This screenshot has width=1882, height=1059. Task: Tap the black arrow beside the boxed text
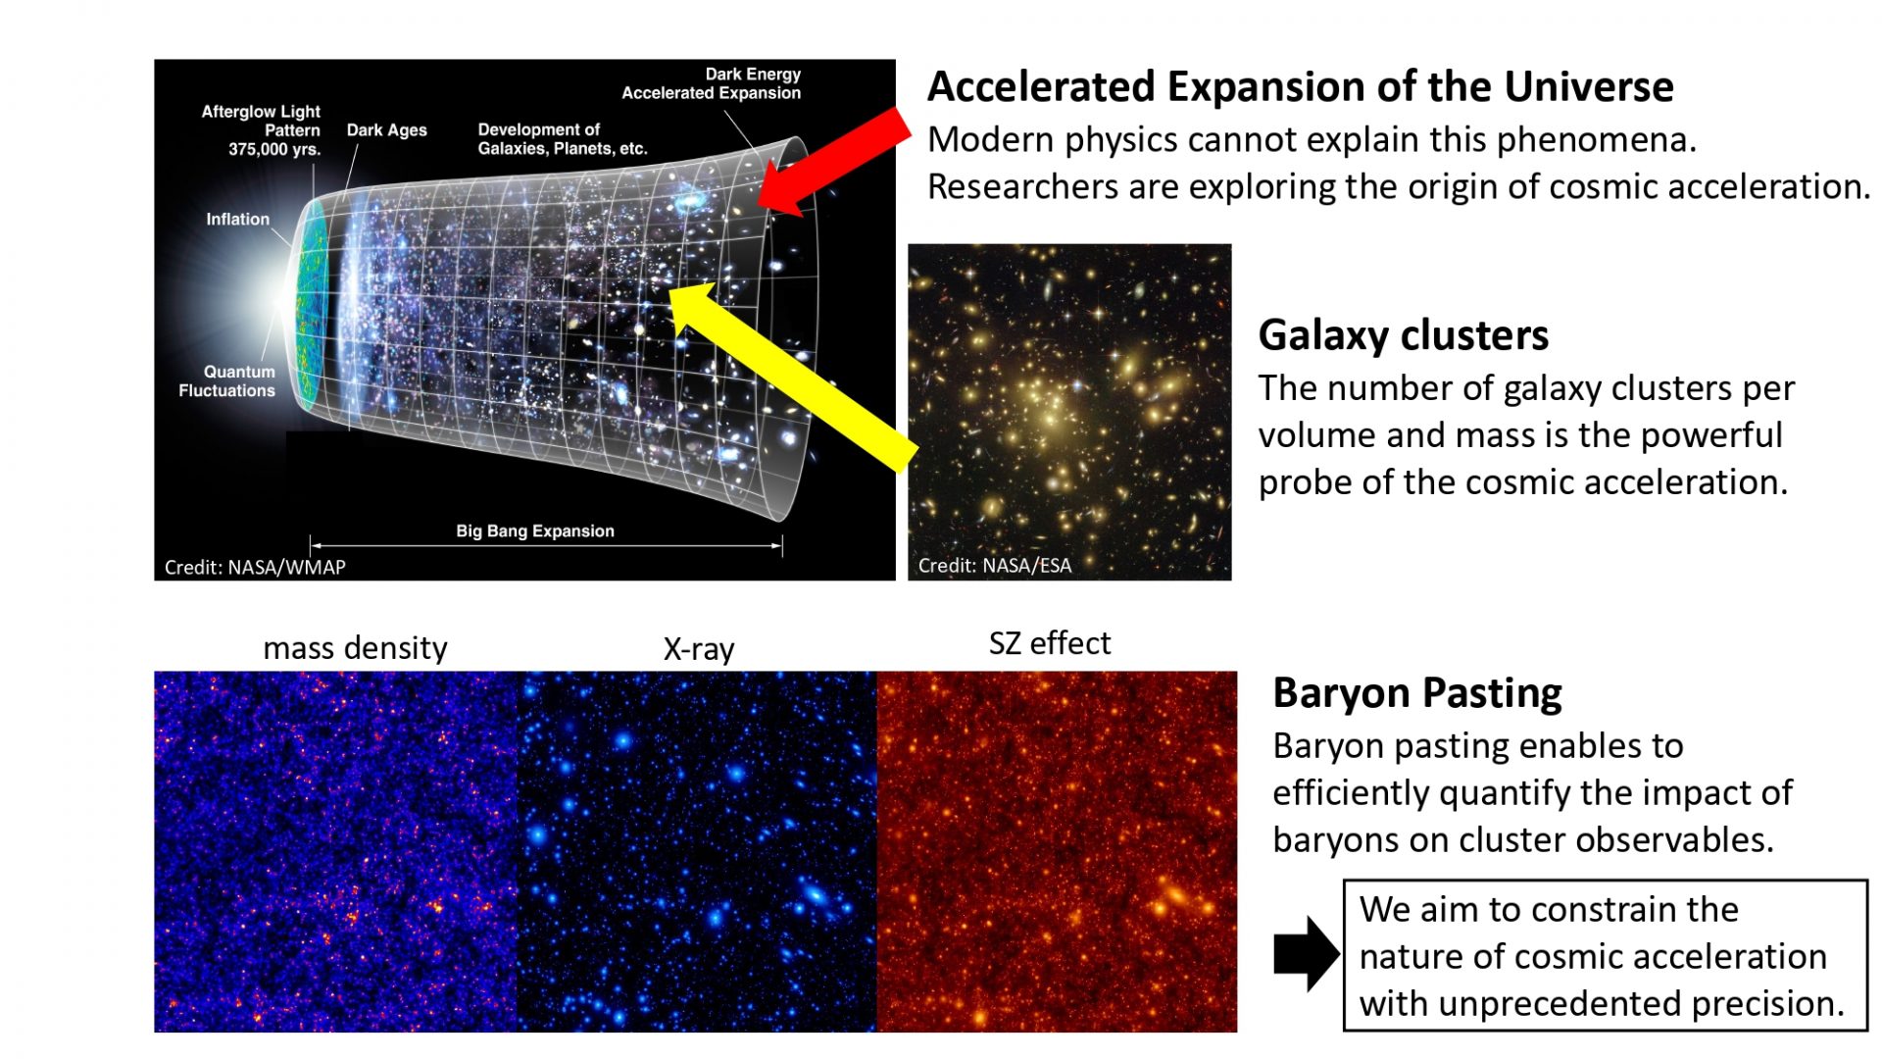(1307, 954)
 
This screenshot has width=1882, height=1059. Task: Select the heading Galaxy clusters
(1403, 335)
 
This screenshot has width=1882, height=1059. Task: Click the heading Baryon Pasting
(1416, 693)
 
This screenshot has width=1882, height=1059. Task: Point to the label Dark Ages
(386, 130)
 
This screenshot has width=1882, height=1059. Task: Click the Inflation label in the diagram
(237, 220)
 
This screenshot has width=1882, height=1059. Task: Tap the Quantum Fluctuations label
(226, 381)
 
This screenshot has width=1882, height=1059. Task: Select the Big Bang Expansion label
(535, 531)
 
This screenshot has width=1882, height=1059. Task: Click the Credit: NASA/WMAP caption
(255, 567)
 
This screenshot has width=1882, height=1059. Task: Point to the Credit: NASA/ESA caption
(995, 565)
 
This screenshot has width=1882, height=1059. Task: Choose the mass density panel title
(355, 648)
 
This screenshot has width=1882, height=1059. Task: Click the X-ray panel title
(699, 649)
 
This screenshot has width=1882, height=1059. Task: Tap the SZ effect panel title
(1050, 643)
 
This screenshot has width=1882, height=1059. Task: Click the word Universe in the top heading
(1589, 87)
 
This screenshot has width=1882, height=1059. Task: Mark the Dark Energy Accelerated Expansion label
(712, 83)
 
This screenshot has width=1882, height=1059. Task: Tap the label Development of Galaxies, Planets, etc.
(563, 139)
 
